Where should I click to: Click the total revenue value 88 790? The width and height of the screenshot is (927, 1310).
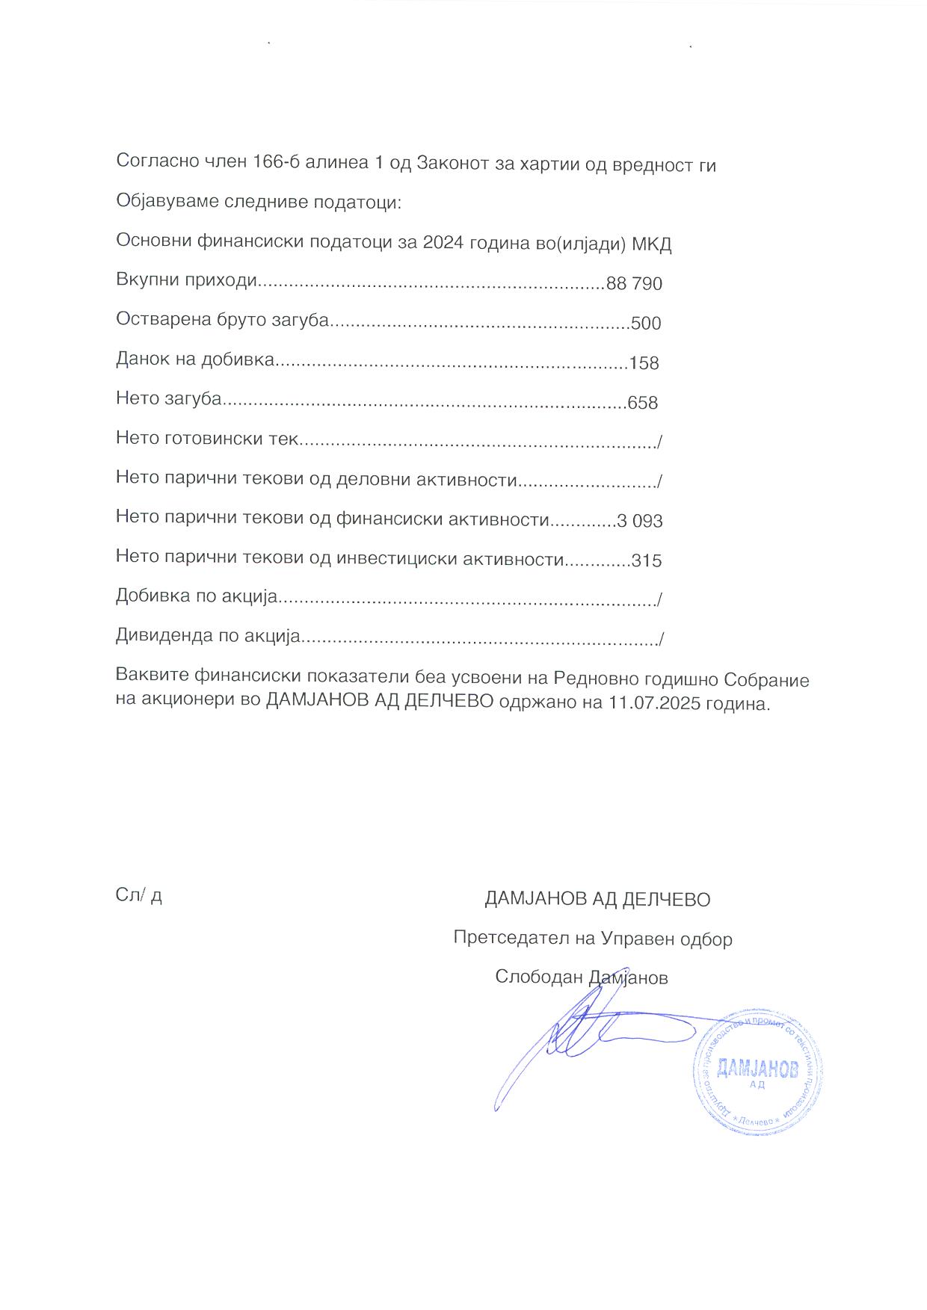click(635, 284)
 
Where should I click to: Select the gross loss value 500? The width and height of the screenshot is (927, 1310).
click(647, 324)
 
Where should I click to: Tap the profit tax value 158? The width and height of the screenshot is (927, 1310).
click(644, 363)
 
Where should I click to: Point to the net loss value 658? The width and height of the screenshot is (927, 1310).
click(643, 404)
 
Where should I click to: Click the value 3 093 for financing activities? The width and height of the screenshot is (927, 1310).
click(640, 521)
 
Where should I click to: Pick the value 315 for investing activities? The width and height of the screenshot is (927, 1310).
click(647, 560)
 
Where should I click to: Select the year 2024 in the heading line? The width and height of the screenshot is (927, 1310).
click(443, 244)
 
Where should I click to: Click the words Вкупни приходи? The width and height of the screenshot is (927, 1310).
click(187, 282)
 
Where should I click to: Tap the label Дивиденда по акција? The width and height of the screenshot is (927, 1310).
click(208, 636)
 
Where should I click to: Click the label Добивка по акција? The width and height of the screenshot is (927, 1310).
click(197, 596)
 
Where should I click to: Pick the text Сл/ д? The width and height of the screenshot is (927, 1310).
click(139, 895)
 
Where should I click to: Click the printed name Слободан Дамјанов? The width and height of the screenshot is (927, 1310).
click(581, 977)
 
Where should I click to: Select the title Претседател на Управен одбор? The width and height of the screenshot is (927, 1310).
click(593, 939)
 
